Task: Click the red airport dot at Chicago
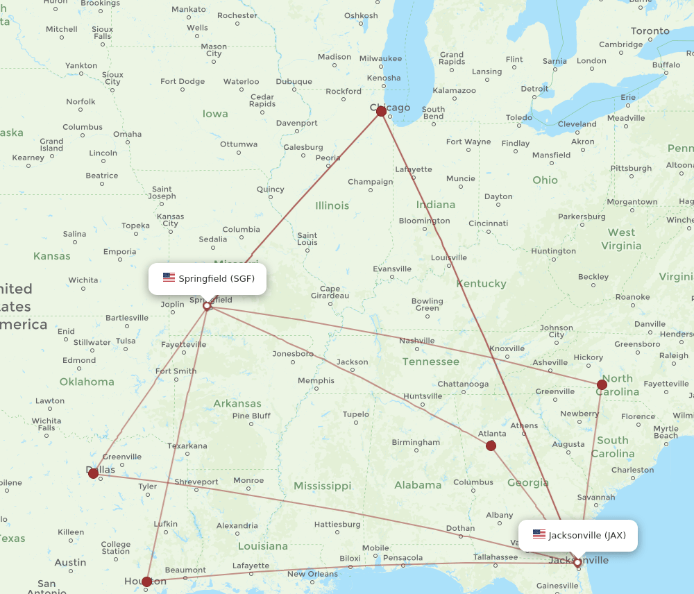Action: [381, 111]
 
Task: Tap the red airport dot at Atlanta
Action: [491, 445]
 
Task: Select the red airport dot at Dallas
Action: [93, 473]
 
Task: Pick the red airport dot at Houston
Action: [146, 582]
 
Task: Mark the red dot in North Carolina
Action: [602, 384]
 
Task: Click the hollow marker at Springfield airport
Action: [207, 305]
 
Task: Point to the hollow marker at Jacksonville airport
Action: [577, 562]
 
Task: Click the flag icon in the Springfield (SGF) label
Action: [169, 278]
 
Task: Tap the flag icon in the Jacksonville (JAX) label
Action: [539, 534]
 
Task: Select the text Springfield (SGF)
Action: [217, 279]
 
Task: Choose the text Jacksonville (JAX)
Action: [587, 536]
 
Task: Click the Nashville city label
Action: [416, 341]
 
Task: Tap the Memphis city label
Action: [316, 380]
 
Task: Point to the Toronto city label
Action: [650, 31]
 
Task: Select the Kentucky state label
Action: [481, 284]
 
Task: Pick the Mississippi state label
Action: [322, 486]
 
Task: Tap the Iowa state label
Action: [215, 114]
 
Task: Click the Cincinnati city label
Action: [488, 223]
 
